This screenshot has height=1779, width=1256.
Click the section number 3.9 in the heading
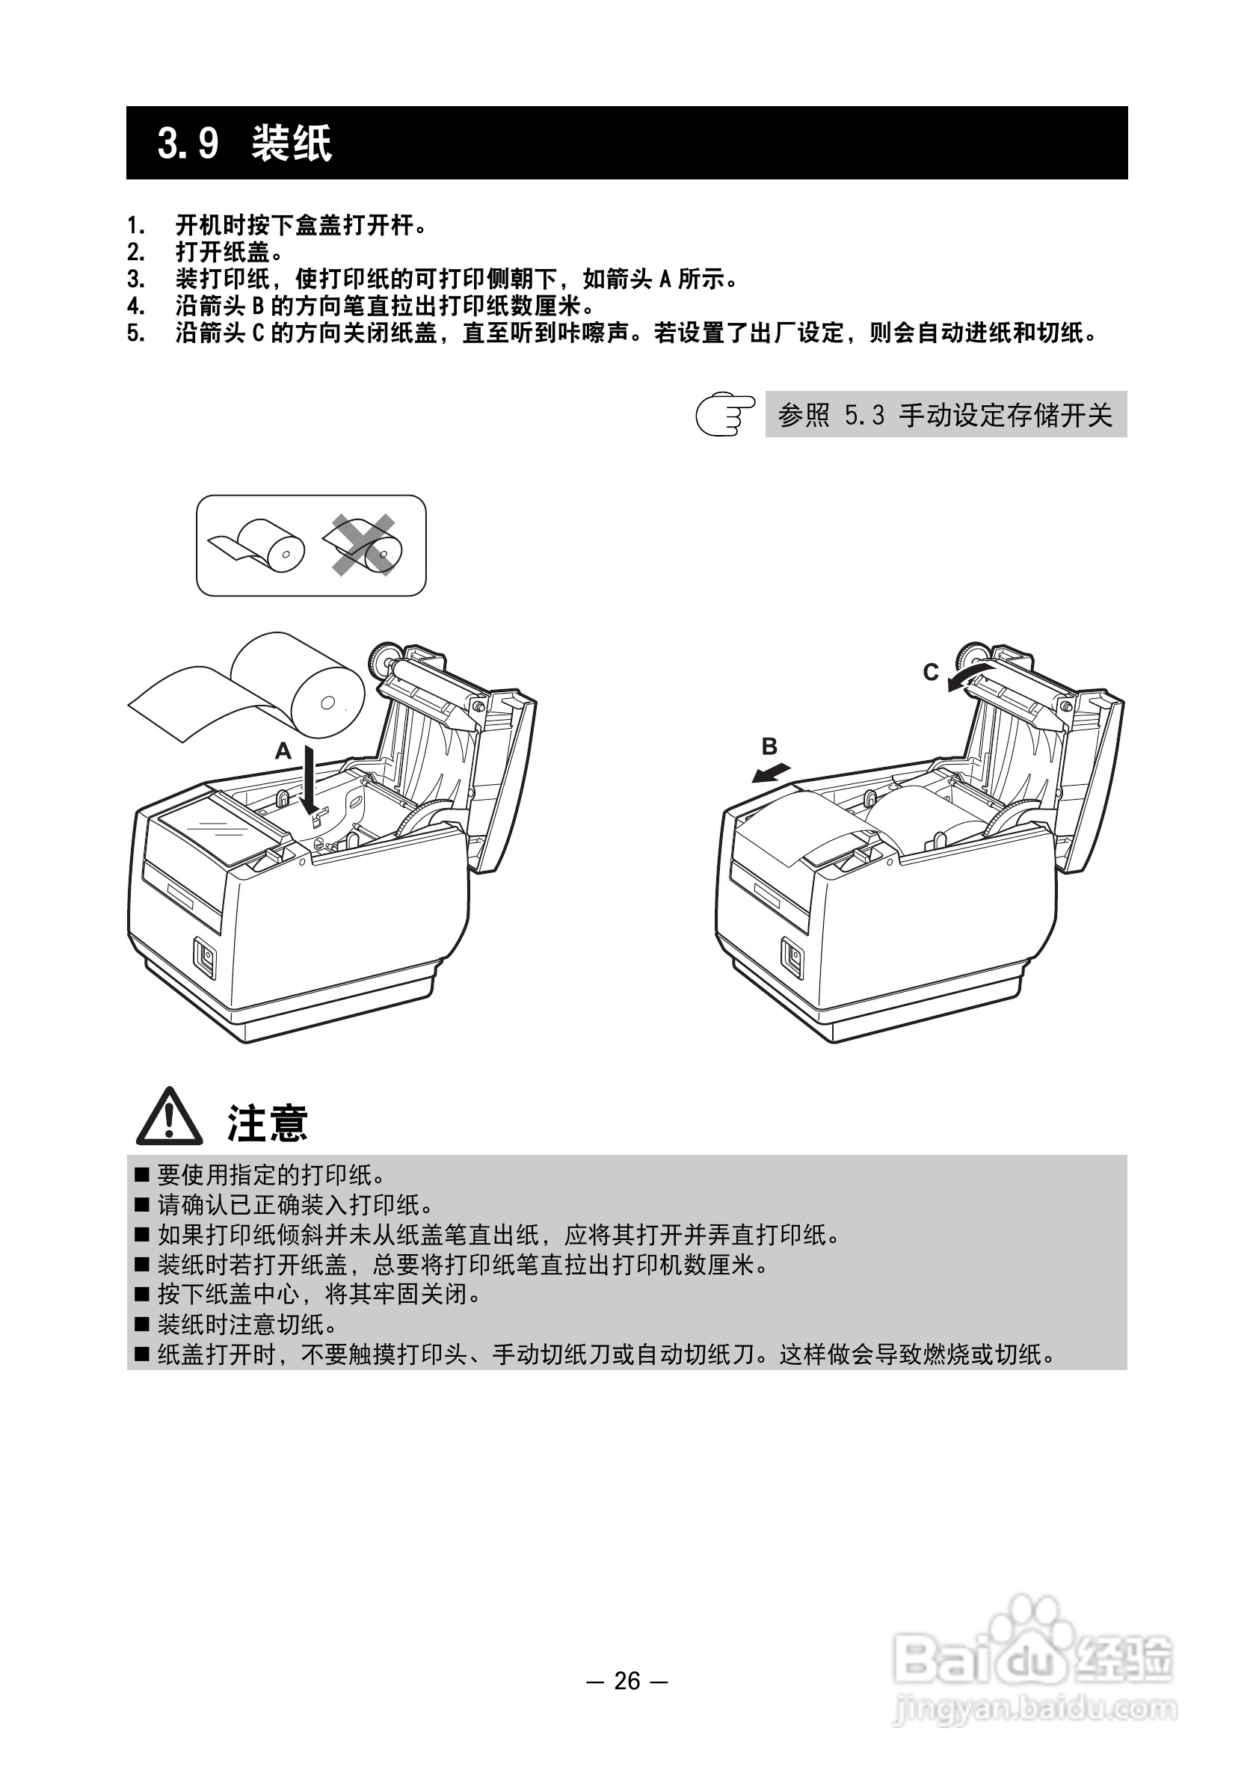(x=188, y=144)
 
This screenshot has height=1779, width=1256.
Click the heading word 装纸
(x=292, y=144)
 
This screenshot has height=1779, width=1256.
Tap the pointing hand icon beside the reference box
(x=724, y=415)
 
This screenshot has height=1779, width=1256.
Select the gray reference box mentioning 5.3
(x=945, y=415)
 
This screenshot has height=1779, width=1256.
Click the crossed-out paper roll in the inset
(x=364, y=546)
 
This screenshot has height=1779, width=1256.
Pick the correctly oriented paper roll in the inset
(x=259, y=546)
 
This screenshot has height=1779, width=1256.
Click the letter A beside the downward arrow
(x=283, y=750)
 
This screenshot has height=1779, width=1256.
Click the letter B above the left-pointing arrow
(x=769, y=746)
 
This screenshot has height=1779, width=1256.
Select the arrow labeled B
(x=772, y=772)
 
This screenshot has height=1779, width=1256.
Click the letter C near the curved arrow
(x=931, y=672)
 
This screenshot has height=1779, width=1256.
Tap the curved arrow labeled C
(x=968, y=674)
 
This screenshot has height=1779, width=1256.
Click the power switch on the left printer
(x=206, y=957)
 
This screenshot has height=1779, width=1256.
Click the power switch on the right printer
(x=792, y=956)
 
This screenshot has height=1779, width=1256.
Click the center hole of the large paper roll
(x=327, y=703)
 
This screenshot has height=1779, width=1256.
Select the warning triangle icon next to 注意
(x=169, y=1117)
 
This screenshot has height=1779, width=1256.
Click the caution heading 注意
(x=268, y=1123)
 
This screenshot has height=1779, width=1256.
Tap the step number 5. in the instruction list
(x=135, y=334)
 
